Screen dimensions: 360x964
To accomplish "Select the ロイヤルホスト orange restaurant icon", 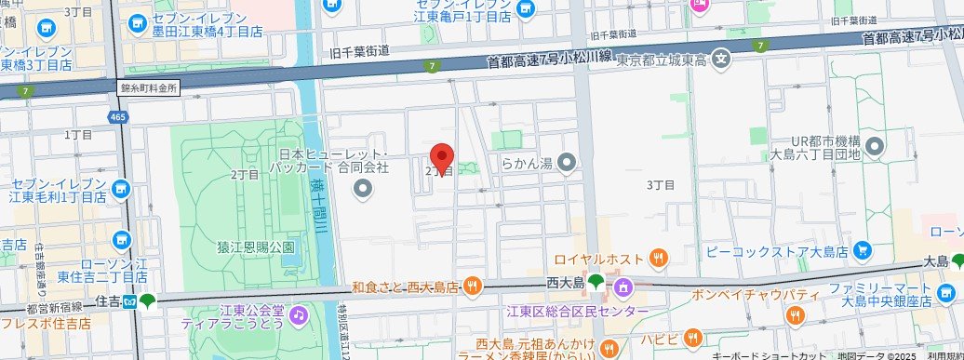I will coord(659,258).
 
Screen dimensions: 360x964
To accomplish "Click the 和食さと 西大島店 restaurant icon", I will coord(473,286).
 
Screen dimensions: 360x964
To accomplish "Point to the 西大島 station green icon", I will coord(596,281).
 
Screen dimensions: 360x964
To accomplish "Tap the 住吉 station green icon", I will coord(146,300).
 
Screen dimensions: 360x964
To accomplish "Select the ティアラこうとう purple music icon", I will coord(297,314).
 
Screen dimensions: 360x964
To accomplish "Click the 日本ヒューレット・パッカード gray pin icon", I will coord(363,190).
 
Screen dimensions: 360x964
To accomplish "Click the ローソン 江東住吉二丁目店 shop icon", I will coord(120,242).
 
